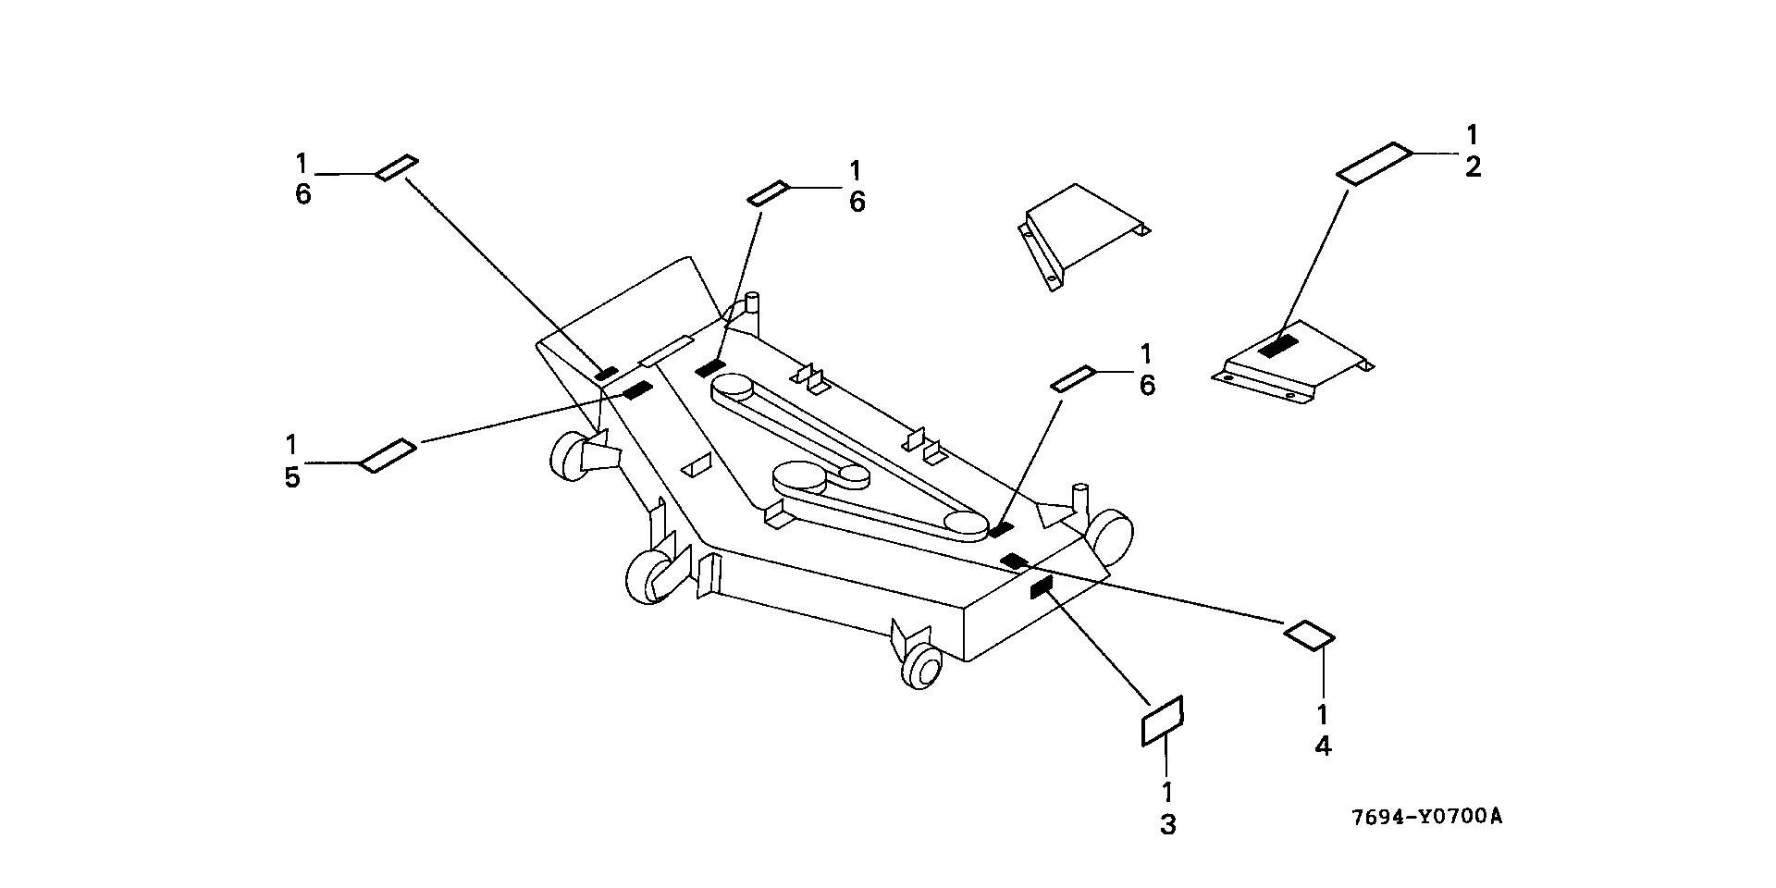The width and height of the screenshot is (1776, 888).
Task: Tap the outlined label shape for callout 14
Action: (1309, 635)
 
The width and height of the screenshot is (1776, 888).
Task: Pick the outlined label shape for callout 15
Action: (388, 455)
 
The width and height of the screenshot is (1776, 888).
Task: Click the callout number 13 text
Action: (1167, 808)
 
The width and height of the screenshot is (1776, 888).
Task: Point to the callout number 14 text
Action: (1323, 730)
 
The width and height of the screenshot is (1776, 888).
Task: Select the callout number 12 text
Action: (1473, 151)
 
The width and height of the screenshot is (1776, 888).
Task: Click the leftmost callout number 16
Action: (302, 179)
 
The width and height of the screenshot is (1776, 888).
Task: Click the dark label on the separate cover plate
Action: (1279, 347)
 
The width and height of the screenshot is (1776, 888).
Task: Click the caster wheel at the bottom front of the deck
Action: (921, 666)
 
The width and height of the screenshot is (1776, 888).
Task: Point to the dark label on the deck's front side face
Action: (1042, 586)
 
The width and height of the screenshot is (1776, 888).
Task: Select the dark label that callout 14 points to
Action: (1015, 561)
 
